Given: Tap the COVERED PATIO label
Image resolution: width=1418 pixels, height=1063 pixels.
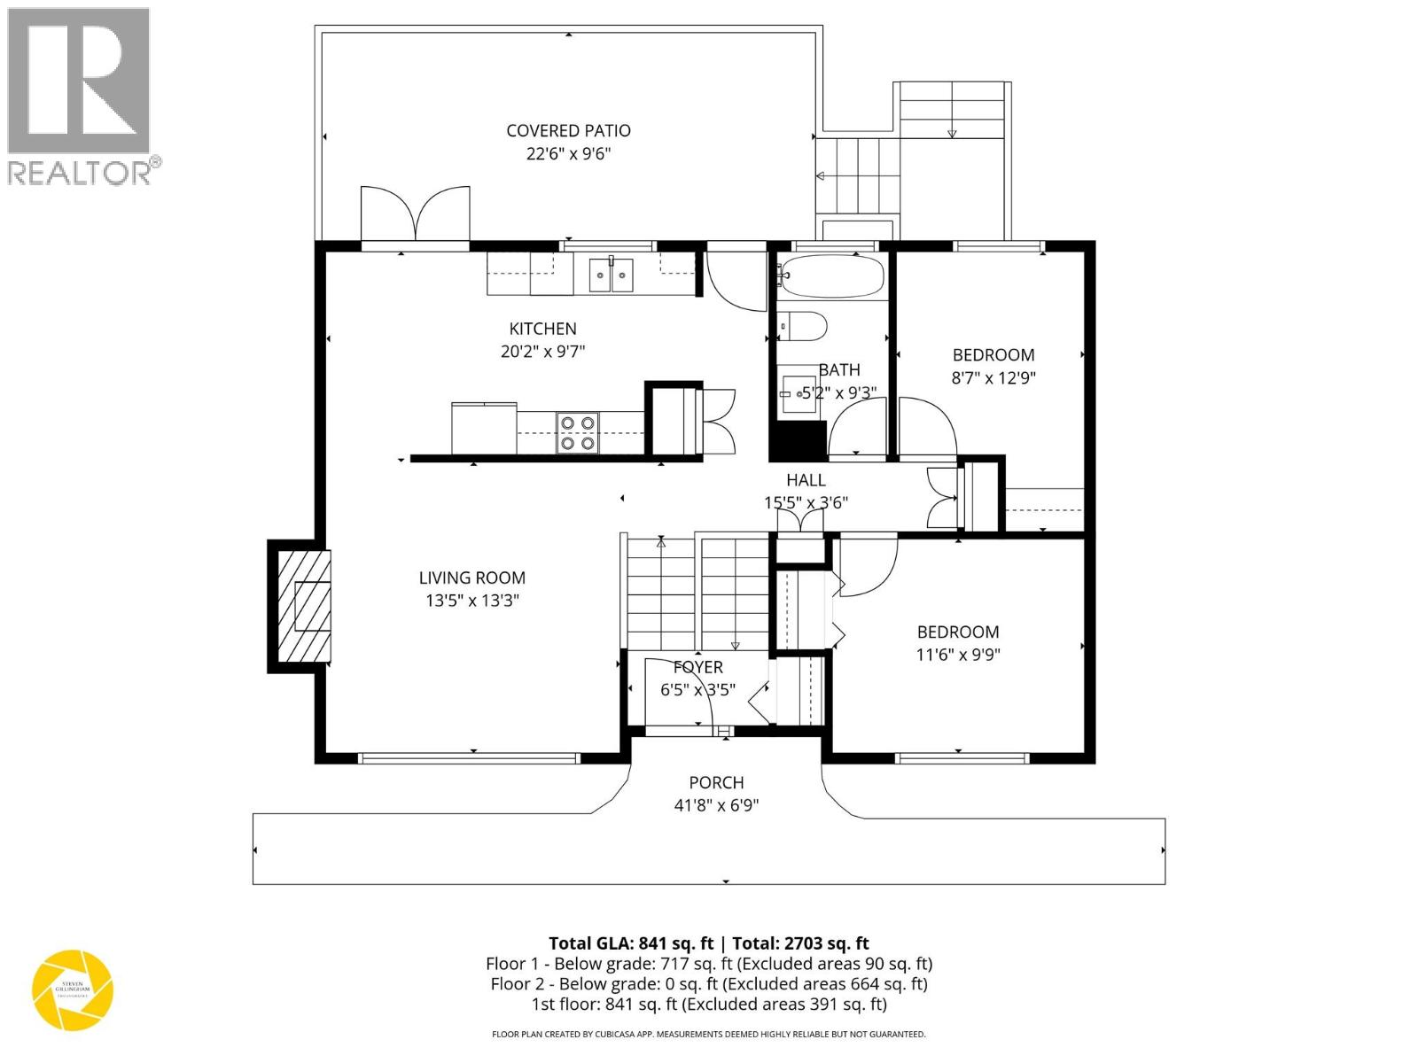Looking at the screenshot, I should click(568, 130).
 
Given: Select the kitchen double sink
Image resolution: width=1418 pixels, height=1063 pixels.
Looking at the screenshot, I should click(612, 275).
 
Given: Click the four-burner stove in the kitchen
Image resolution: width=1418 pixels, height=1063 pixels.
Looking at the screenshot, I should click(577, 433).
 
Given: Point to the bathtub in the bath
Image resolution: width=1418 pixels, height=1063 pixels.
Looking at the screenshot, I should click(831, 276).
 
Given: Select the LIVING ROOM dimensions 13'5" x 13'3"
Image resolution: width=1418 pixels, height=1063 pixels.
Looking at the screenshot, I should click(471, 601).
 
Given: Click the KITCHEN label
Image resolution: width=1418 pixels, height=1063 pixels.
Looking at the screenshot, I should click(542, 329).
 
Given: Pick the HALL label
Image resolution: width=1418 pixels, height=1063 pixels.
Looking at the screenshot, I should click(806, 480).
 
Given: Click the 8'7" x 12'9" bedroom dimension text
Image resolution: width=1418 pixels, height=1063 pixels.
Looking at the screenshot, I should click(993, 377).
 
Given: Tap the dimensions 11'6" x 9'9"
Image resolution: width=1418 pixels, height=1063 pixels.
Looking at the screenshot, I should click(957, 655).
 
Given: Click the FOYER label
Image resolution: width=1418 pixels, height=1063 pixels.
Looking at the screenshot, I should click(697, 667).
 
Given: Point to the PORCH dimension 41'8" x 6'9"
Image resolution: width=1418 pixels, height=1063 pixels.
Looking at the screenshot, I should click(716, 805).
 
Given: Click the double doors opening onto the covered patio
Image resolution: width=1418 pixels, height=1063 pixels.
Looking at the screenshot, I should click(415, 214).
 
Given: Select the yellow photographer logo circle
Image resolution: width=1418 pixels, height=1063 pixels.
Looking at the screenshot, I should click(73, 989).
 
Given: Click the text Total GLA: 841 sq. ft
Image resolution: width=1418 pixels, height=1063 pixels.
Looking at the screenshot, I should click(630, 943).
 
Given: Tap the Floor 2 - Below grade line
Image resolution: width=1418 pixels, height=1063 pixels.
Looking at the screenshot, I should click(708, 984).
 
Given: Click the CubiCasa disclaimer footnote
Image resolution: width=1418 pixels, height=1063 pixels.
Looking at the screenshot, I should click(708, 1034).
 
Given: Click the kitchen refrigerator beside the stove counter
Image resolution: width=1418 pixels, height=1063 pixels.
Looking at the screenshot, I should click(484, 429).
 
